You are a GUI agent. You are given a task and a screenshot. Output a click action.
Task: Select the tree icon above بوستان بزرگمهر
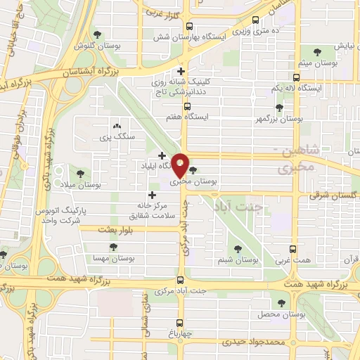pos(280,108)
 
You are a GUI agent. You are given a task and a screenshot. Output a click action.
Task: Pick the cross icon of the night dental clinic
pos(181,71)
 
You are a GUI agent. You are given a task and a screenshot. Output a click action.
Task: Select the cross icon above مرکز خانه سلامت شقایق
pos(152,194)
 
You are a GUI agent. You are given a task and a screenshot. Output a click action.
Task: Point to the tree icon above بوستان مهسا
pos(113,247)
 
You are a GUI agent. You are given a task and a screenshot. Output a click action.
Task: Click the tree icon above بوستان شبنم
pos(238,248)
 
